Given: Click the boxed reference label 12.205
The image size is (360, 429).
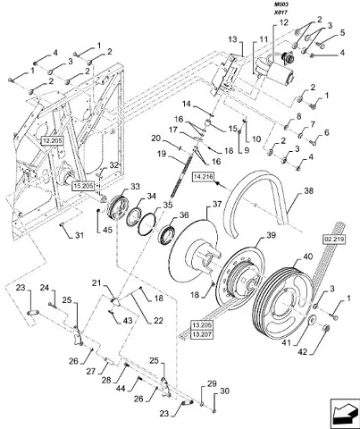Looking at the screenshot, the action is coord(53,140).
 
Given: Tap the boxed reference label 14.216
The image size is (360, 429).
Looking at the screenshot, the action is coord(203,177).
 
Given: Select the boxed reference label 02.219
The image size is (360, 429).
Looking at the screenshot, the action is coord(334,240).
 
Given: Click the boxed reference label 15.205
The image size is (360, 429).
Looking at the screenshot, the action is coord(83,186).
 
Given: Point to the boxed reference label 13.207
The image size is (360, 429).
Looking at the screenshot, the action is coord(201,335).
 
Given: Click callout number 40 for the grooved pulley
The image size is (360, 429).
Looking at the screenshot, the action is coord(308,257).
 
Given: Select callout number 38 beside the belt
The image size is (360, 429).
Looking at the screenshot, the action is coord(309,190).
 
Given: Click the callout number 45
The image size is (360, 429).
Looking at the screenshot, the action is coord(107,230).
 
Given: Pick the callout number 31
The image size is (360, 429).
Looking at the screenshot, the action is coord(79,235).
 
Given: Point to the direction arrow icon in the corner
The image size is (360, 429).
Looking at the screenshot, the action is coord(343,414).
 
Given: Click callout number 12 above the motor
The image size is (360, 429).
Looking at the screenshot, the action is coord(283,22).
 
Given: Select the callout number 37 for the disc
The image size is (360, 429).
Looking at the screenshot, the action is coord(217,204).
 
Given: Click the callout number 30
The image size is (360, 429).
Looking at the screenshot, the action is coord(225,391).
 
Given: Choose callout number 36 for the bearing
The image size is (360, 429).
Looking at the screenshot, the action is coord(184,214).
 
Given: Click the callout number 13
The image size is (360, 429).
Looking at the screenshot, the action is coord(233,39).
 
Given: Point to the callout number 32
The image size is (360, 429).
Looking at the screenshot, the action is coord(114,165).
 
